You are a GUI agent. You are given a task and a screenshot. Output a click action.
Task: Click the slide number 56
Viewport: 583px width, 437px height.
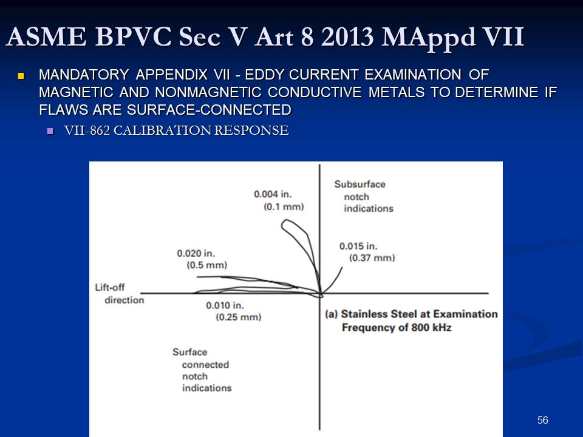click(x=542, y=420)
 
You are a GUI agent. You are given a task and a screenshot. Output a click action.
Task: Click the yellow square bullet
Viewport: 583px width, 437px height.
click(x=21, y=76)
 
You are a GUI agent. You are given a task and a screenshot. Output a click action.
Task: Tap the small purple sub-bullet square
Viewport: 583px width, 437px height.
click(x=50, y=131)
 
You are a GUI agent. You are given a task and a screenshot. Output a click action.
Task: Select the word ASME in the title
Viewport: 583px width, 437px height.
click(x=47, y=37)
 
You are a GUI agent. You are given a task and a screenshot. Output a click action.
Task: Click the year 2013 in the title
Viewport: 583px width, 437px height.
click(x=347, y=37)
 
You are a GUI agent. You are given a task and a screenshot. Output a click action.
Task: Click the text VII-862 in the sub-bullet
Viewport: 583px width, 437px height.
click(x=87, y=130)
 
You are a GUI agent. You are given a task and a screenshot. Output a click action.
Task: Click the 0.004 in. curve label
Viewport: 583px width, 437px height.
click(x=273, y=194)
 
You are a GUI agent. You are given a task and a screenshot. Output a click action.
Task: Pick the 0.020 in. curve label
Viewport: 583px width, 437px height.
click(x=196, y=254)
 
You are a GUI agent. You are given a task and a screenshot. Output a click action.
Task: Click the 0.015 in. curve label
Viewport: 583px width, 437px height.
click(x=358, y=246)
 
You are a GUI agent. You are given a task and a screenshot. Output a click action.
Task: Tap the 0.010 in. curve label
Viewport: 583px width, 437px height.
click(x=225, y=305)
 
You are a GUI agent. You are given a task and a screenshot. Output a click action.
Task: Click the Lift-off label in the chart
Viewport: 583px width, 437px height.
click(x=110, y=287)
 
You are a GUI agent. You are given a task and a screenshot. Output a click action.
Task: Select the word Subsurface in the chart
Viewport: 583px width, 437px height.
click(x=360, y=184)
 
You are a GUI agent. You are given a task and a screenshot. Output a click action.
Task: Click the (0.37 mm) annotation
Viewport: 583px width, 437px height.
click(x=372, y=258)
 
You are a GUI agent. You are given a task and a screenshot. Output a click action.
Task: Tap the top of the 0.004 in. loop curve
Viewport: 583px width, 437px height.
click(x=285, y=220)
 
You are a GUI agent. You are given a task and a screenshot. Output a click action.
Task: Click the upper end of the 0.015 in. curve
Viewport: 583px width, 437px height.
click(x=342, y=267)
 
